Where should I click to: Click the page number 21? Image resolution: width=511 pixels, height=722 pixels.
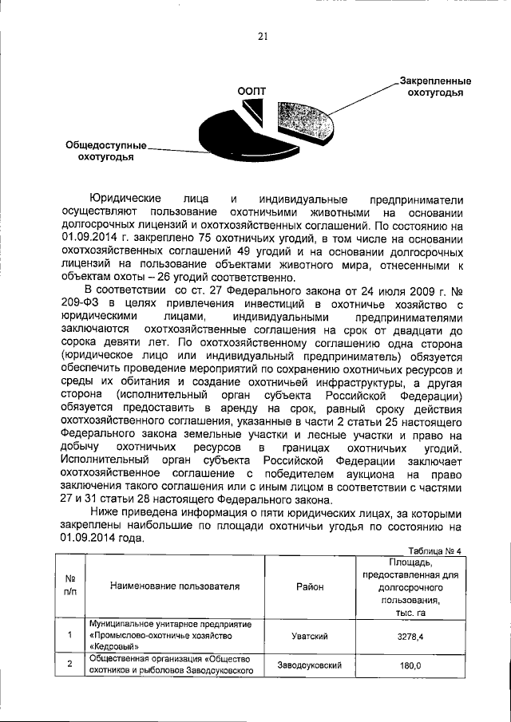coord(262,34)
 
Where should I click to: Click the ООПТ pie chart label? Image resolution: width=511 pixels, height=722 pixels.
coord(252,91)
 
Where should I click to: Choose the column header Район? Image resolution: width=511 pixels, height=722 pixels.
coord(309,586)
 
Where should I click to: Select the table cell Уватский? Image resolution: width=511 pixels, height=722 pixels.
coord(309,636)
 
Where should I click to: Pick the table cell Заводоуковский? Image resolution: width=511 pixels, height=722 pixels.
coord(309,665)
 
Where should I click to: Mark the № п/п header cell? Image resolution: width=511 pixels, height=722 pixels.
coord(70,586)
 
